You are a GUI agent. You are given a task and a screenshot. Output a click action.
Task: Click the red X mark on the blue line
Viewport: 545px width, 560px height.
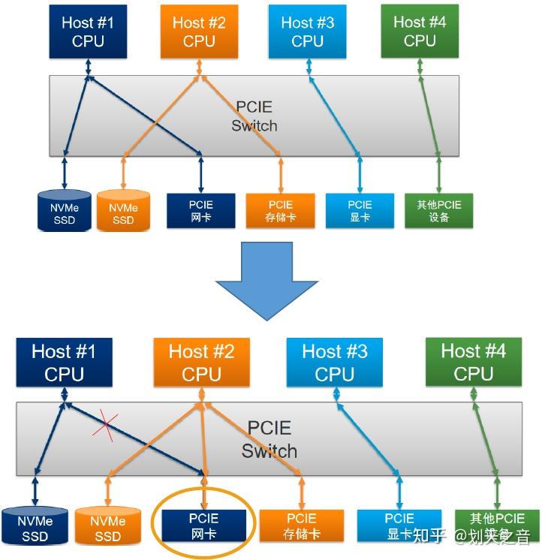click(x=106, y=427)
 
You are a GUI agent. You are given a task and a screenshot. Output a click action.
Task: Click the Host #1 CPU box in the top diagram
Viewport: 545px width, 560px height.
click(x=88, y=32)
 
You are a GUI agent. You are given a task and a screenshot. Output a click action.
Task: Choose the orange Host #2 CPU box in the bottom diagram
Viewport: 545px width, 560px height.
click(x=201, y=362)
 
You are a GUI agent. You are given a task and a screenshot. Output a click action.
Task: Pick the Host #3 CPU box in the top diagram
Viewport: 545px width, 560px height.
click(x=307, y=32)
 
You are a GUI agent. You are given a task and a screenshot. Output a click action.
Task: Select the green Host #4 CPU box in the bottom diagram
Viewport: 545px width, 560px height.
click(x=473, y=362)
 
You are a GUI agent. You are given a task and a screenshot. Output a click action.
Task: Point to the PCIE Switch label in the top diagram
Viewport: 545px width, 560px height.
click(x=254, y=116)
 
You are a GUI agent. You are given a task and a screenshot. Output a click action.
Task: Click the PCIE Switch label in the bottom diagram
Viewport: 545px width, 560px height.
click(x=269, y=440)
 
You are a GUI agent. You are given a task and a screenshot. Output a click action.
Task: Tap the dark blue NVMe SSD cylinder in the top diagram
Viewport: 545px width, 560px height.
click(x=65, y=212)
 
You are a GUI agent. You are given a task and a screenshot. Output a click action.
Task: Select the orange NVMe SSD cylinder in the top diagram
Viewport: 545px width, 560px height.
click(x=123, y=212)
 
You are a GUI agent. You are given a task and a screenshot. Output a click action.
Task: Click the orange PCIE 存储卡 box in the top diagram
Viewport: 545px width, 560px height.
click(x=281, y=211)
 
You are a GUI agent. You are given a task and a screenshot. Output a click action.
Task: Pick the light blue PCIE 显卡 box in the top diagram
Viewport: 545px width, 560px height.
click(x=360, y=211)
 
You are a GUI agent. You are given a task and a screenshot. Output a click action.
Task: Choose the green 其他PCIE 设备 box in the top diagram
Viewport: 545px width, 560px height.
click(x=439, y=211)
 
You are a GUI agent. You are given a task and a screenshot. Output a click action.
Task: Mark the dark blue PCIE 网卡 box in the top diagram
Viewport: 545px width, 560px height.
click(x=200, y=211)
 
